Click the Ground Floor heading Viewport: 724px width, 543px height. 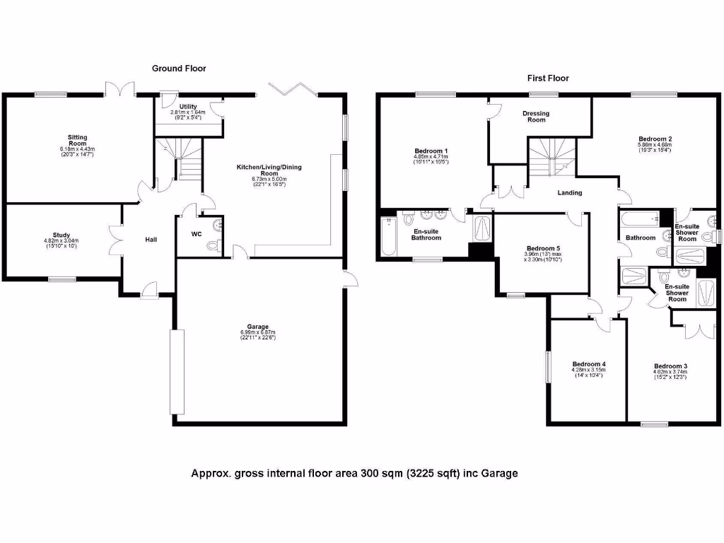(x=179, y=69)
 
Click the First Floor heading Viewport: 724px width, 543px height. (x=548, y=78)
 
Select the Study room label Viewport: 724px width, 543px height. (x=61, y=235)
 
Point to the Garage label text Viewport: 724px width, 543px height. (x=257, y=327)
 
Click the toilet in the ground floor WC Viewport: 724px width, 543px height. (x=212, y=245)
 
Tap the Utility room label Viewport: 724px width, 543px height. (x=188, y=106)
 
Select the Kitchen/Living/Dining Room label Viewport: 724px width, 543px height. (x=257, y=170)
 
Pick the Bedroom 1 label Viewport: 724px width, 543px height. (x=431, y=151)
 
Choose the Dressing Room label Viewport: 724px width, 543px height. (x=536, y=117)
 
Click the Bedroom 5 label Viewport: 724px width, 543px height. (x=543, y=248)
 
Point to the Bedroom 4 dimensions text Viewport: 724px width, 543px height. (x=588, y=372)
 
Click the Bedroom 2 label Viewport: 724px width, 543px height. (x=655, y=139)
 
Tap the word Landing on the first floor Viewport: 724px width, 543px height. (x=570, y=193)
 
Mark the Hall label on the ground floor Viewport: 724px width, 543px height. (x=151, y=240)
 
